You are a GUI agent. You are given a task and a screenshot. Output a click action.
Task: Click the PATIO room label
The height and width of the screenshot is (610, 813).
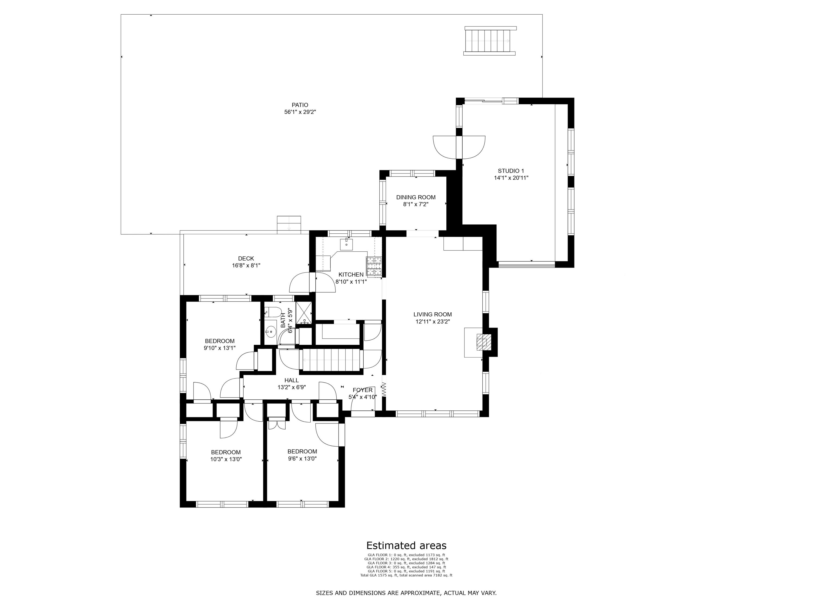[300, 105]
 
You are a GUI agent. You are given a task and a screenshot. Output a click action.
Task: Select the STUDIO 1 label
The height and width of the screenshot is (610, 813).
[511, 171]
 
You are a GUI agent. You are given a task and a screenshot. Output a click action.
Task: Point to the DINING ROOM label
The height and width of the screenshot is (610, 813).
[416, 197]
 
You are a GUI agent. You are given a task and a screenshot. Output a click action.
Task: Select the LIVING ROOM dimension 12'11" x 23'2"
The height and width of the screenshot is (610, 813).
[433, 321]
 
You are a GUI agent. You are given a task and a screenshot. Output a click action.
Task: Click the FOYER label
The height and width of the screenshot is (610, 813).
[362, 390]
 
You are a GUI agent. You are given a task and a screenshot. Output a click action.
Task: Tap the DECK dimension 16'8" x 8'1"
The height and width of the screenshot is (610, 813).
[246, 265]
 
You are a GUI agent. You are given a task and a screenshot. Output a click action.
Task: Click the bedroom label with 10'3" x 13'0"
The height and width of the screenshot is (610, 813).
[226, 452]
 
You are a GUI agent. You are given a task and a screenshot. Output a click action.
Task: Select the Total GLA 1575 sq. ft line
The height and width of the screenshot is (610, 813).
[406, 576]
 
